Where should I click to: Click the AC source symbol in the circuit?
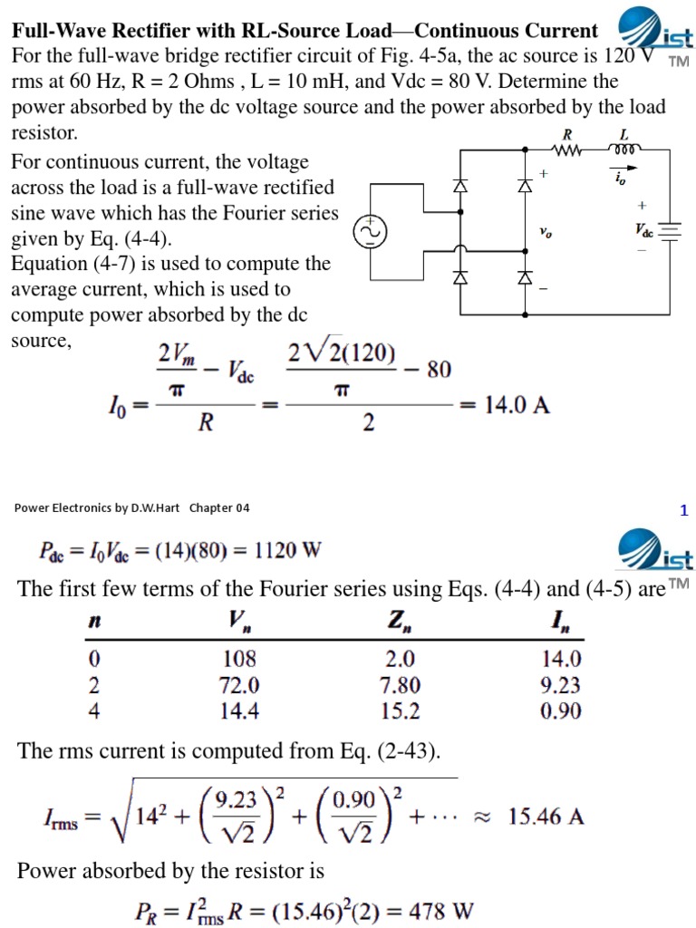pyautogui.click(x=370, y=232)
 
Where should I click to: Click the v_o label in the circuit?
pyautogui.click(x=545, y=233)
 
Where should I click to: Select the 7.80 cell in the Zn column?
pyautogui.click(x=401, y=686)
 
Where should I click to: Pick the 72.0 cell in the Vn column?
pyautogui.click(x=239, y=686)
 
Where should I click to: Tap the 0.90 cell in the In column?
pyautogui.click(x=559, y=711)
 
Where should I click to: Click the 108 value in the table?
pyautogui.click(x=239, y=660)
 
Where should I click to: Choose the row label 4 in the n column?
pyautogui.click(x=93, y=711)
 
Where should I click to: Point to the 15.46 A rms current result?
pyautogui.click(x=546, y=817)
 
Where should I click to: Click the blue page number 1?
pyautogui.click(x=684, y=510)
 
